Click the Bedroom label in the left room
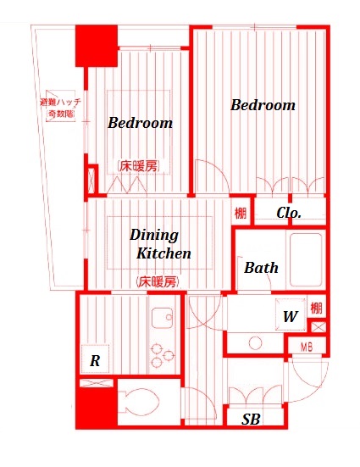(140, 123)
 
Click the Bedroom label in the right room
(263, 105)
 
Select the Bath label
(261, 268)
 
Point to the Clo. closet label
(289, 214)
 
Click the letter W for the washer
(289, 318)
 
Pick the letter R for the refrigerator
(96, 361)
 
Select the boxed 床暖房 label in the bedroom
(138, 166)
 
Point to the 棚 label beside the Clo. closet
(241, 214)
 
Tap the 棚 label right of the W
(316, 309)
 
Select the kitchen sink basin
(162, 319)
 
